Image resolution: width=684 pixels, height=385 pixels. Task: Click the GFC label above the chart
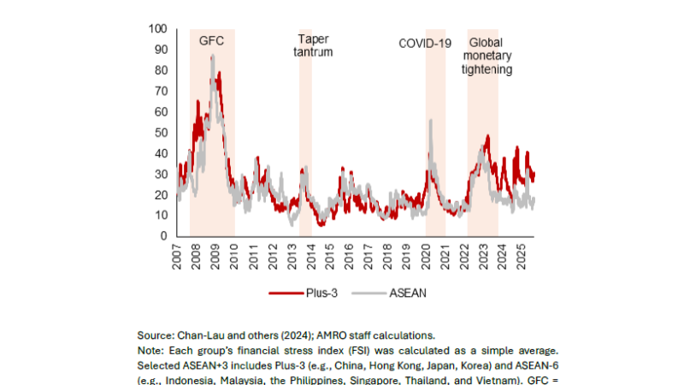212,40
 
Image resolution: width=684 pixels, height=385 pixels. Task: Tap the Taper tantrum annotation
314,45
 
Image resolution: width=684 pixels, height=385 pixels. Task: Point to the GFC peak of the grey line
212,56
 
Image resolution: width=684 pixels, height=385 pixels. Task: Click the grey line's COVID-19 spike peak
430,121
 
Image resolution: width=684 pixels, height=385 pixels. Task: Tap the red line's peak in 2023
487,135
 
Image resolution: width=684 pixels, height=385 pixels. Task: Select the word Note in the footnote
150,350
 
